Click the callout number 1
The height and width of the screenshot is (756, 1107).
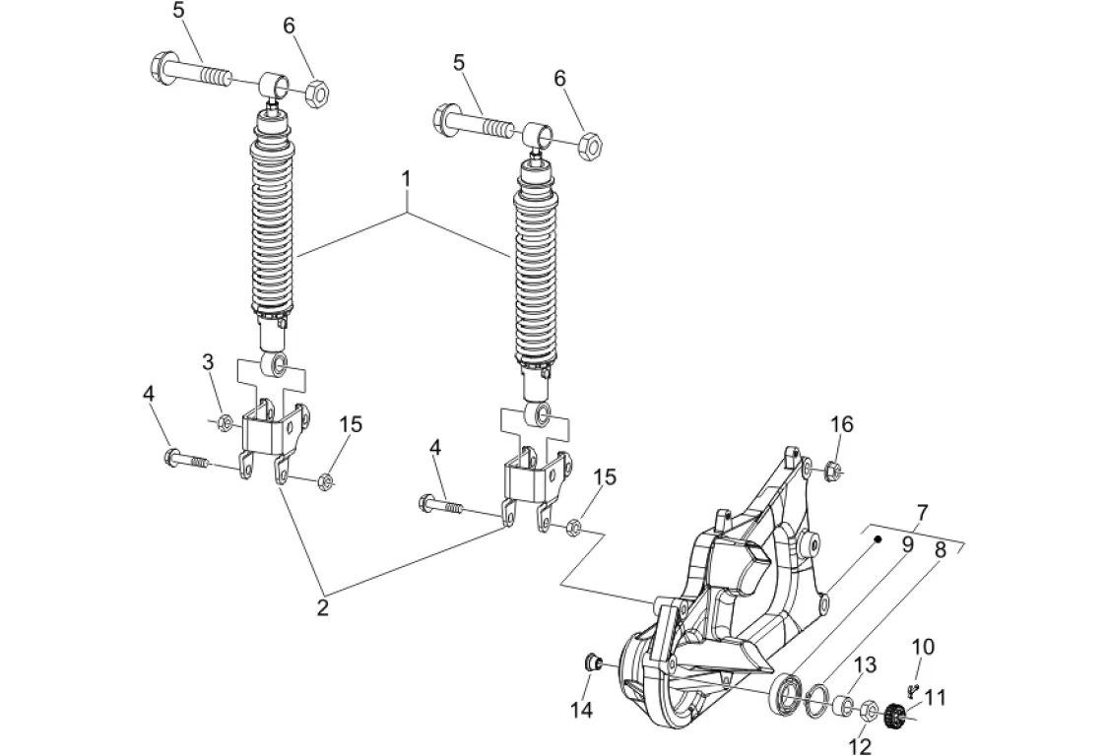click(406, 179)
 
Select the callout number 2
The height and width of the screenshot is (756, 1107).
click(323, 607)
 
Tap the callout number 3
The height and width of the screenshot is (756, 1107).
click(208, 362)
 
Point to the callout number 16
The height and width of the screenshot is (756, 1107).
click(841, 424)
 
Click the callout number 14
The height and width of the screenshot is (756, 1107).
click(583, 709)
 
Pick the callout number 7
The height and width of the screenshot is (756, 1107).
click(923, 512)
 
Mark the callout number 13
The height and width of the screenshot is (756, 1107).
click(866, 664)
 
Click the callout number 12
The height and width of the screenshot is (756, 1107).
click(862, 745)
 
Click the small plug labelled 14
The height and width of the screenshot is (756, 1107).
click(593, 662)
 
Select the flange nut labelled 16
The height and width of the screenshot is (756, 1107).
click(831, 468)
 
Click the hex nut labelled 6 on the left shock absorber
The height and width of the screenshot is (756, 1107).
click(317, 92)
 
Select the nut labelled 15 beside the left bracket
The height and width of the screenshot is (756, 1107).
click(325, 482)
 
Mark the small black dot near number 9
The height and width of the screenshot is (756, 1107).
click(878, 539)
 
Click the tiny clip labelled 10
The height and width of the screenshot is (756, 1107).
click(911, 687)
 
